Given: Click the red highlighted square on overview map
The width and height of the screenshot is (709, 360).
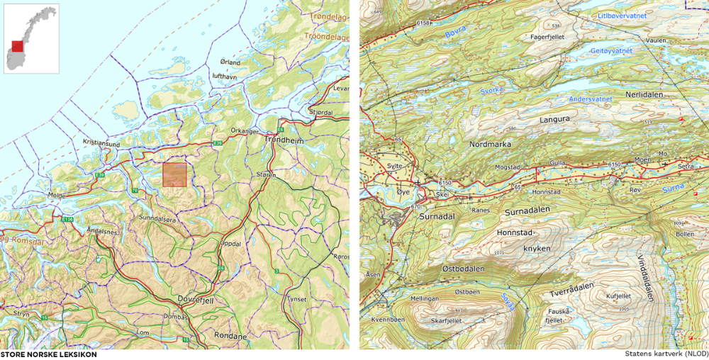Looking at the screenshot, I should [174, 174].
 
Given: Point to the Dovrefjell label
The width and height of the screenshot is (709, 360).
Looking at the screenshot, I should [195, 299].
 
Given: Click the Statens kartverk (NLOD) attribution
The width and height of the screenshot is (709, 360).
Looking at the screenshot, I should [666, 353].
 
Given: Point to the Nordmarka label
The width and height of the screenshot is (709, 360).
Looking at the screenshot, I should [489, 144].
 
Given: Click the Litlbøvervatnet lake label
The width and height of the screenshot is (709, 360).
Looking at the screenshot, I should [624, 15].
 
